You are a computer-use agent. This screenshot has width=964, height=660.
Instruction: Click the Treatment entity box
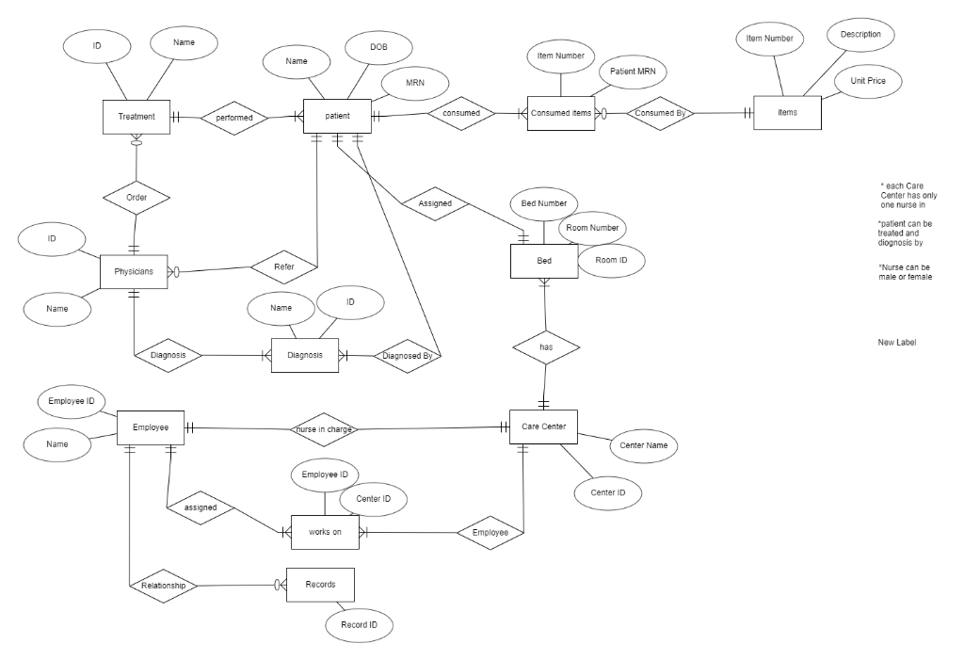tap(137, 117)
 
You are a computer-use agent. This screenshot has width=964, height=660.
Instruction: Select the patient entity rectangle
tap(337, 116)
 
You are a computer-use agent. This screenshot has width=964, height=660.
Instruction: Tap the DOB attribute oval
tap(378, 47)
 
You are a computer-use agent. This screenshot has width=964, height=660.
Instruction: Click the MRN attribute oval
tap(414, 84)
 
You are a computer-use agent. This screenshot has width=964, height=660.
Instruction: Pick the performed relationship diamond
tap(233, 118)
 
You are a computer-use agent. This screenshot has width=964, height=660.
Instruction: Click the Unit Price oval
tap(867, 82)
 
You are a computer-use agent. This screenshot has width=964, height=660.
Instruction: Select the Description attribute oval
tap(860, 35)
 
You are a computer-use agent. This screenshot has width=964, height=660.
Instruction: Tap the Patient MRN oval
tap(633, 72)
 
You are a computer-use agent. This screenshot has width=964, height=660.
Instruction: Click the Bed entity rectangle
tap(544, 261)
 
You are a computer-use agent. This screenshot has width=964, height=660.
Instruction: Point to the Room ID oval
tap(611, 261)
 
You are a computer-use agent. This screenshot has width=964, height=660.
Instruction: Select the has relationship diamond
tap(546, 347)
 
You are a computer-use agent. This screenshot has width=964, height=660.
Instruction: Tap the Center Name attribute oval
tap(643, 444)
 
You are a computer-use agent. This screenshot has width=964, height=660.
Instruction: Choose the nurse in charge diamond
tap(325, 429)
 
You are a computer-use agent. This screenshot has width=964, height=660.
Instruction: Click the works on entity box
tap(325, 532)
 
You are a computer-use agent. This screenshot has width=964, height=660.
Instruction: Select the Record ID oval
tap(360, 625)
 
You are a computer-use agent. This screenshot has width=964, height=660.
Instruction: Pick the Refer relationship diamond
tap(283, 267)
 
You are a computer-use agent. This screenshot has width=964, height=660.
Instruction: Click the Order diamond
tap(136, 198)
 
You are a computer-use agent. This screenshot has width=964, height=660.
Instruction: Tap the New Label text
tap(896, 343)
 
